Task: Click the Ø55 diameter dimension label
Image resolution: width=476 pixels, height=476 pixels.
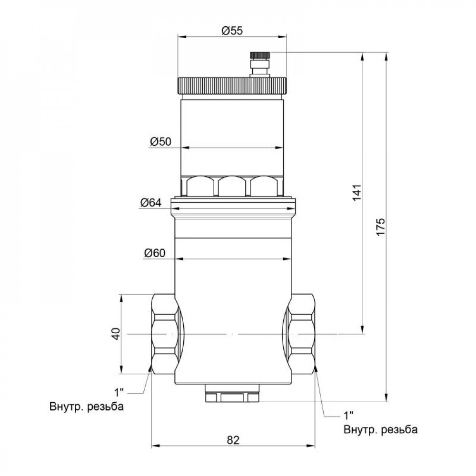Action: click(232, 30)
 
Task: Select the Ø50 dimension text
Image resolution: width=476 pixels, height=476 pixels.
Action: click(160, 141)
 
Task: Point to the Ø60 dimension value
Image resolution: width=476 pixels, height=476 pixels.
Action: click(154, 253)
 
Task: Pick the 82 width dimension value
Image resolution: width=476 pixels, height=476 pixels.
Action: click(232, 440)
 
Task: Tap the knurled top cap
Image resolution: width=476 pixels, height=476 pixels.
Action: click(232, 85)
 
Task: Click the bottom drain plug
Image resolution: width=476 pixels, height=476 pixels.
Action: click(232, 395)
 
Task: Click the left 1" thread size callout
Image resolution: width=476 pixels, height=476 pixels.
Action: click(119, 393)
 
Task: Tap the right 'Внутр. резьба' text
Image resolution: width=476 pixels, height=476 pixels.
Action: click(380, 430)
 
